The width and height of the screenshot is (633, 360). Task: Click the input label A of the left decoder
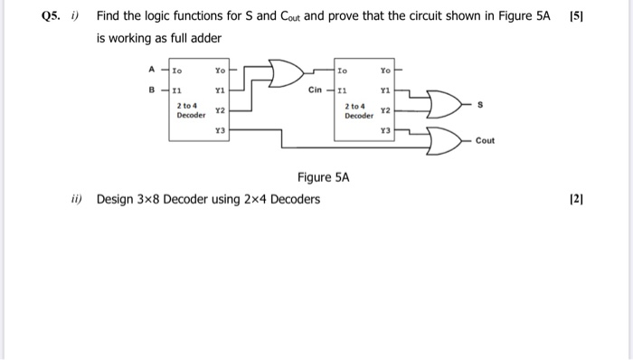[x=150, y=68]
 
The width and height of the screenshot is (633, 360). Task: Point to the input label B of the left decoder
[x=150, y=90]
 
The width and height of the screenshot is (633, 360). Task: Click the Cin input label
[x=315, y=90]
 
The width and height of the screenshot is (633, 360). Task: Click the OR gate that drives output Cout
[x=446, y=139]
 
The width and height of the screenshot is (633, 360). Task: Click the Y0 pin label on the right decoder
[x=385, y=69]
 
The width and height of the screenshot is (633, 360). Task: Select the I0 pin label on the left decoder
[x=177, y=69]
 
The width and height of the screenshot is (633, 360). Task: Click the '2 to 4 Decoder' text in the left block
[x=191, y=111]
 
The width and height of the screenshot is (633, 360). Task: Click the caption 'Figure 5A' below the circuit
[x=321, y=177]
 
